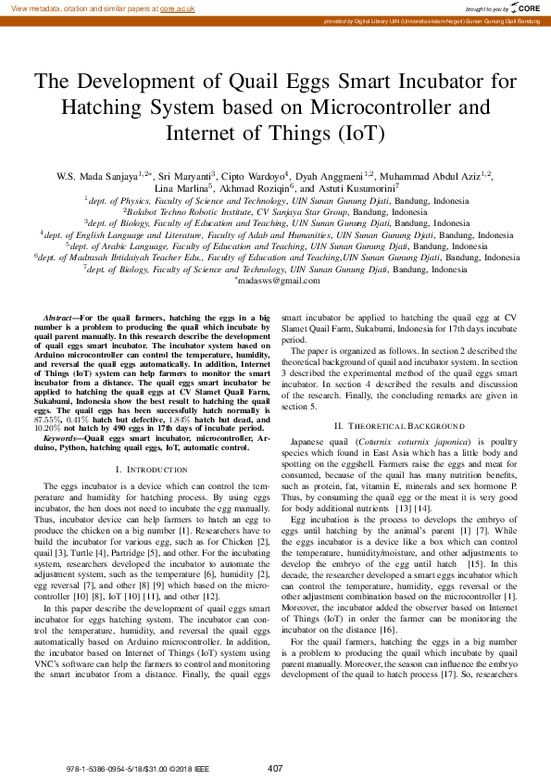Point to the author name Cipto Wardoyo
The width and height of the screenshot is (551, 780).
coord(257,175)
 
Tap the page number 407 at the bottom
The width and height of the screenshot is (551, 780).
coord(275,768)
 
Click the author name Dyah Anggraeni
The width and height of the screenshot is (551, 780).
coord(332,175)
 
